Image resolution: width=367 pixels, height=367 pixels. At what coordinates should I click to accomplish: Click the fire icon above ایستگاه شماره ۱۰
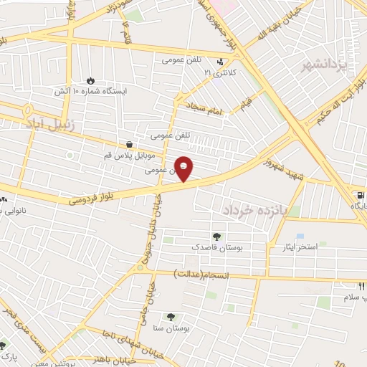point(90,80)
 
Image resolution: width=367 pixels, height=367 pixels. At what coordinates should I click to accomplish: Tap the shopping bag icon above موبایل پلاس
point(128,145)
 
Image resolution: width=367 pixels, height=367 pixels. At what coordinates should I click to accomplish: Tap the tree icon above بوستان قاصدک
point(216,236)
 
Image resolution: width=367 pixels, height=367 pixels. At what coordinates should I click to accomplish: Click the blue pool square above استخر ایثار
point(300,236)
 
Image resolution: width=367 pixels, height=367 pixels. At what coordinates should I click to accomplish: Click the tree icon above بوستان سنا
point(171,317)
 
